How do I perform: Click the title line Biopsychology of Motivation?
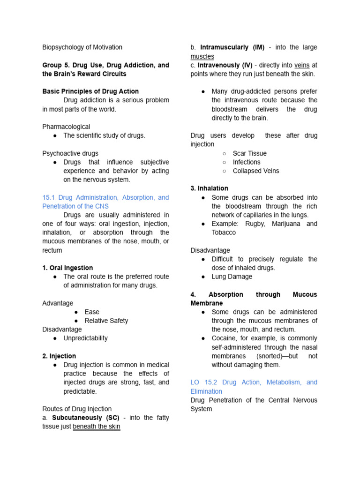tap(82, 47)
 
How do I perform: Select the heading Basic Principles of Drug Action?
tap(90, 91)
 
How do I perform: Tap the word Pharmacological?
tap(66, 127)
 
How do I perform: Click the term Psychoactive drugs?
tap(70, 153)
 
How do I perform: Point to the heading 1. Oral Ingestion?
tap(67, 268)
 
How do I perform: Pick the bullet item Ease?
tap(92, 312)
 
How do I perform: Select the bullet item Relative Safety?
tap(106, 321)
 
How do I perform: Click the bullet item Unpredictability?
tap(85, 338)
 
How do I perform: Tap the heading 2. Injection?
tap(59, 356)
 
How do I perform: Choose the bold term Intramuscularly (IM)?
tap(232, 47)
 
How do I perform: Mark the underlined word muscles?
tap(202, 56)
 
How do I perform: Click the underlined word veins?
tap(302, 65)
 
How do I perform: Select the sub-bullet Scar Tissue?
tap(249, 153)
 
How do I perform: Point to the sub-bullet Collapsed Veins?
tap(255, 171)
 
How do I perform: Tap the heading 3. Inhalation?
tap(209, 188)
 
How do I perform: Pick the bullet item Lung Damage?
tap(232, 277)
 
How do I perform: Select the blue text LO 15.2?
tap(204, 382)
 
